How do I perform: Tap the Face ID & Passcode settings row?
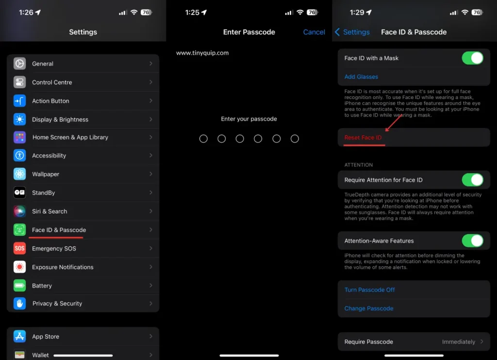59,230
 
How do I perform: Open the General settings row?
43,64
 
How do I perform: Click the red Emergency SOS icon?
20,248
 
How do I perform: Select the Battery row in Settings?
42,286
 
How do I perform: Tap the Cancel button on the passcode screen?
314,32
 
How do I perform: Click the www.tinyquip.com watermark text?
202,53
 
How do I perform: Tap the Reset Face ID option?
363,138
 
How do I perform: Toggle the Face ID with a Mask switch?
472,58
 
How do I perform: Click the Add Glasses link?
361,77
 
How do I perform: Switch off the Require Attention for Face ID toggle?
472,180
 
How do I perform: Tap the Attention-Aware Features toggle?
472,241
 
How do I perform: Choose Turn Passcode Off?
370,290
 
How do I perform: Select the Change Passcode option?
369,309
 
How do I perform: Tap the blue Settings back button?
352,32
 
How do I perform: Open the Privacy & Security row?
57,304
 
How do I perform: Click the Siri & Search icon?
20,212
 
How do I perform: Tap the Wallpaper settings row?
46,174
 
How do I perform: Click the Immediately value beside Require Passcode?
458,342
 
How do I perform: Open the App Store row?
46,337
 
